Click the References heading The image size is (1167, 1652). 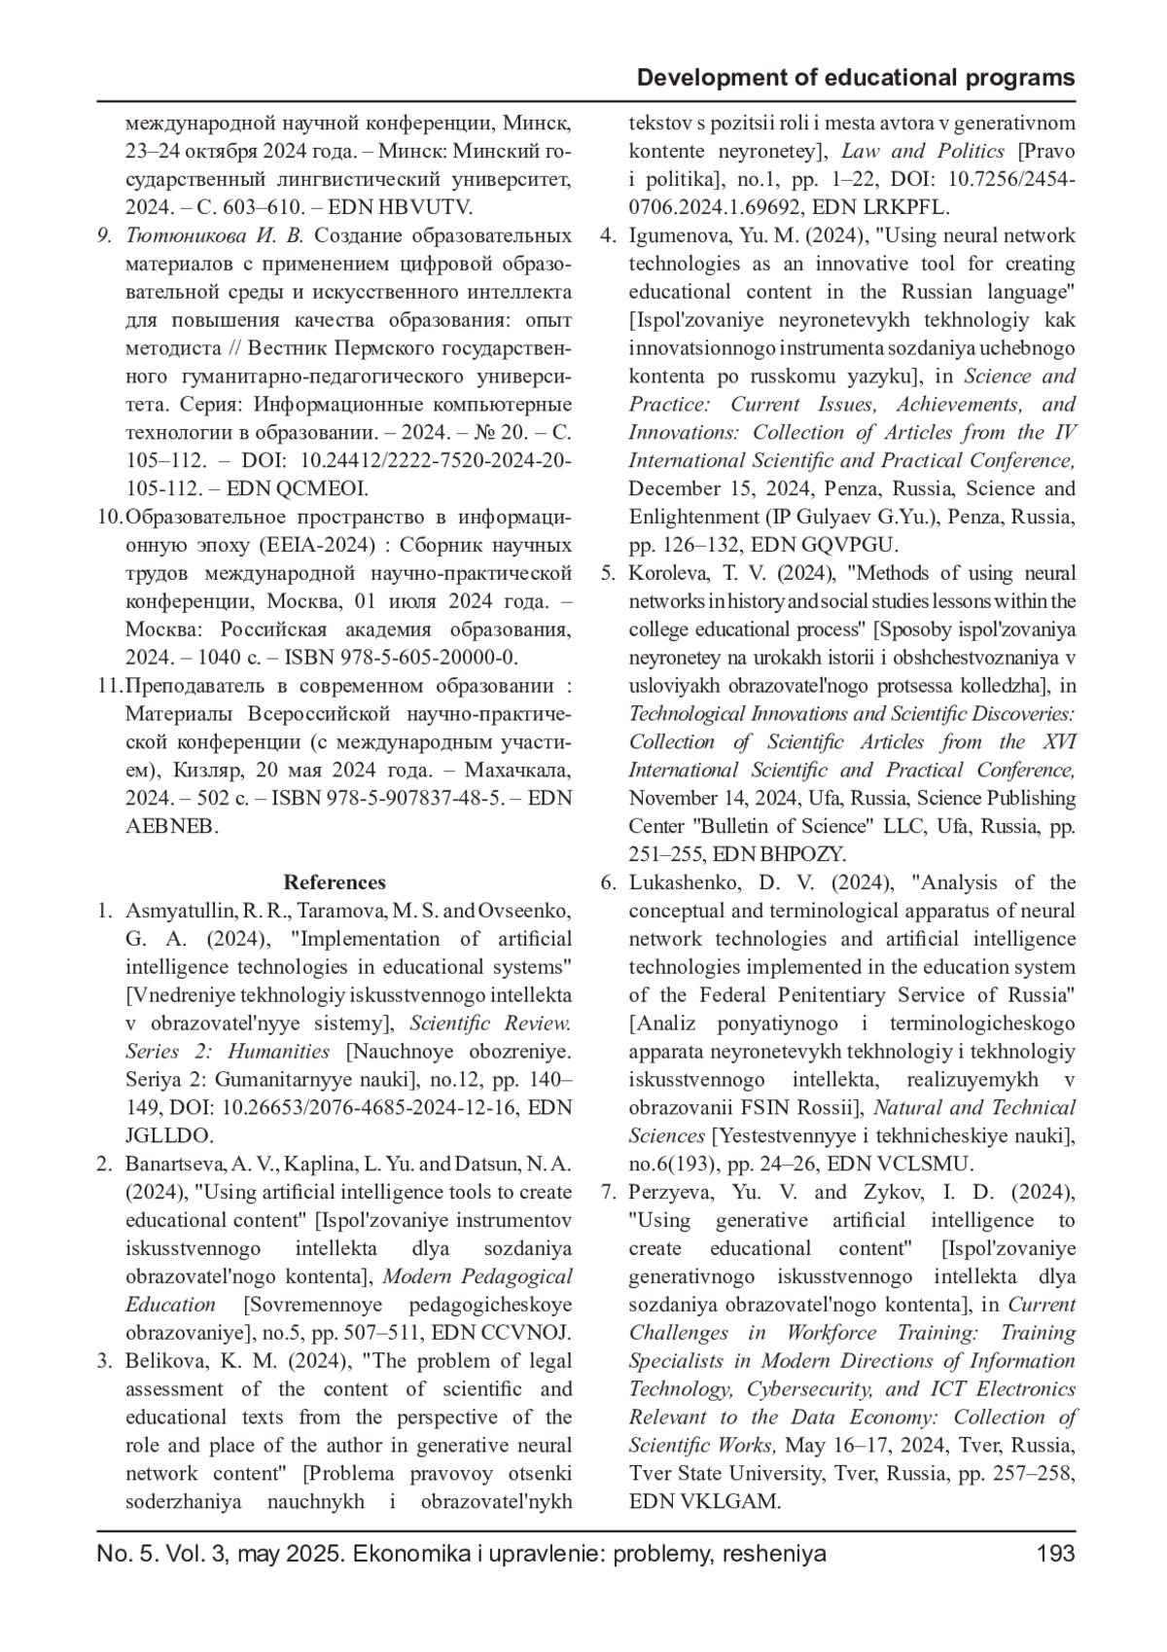coord(335,882)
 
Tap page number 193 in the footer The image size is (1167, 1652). coord(1055,1554)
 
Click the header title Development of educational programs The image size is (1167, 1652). coord(856,78)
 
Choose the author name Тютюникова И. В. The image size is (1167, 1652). coord(215,235)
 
